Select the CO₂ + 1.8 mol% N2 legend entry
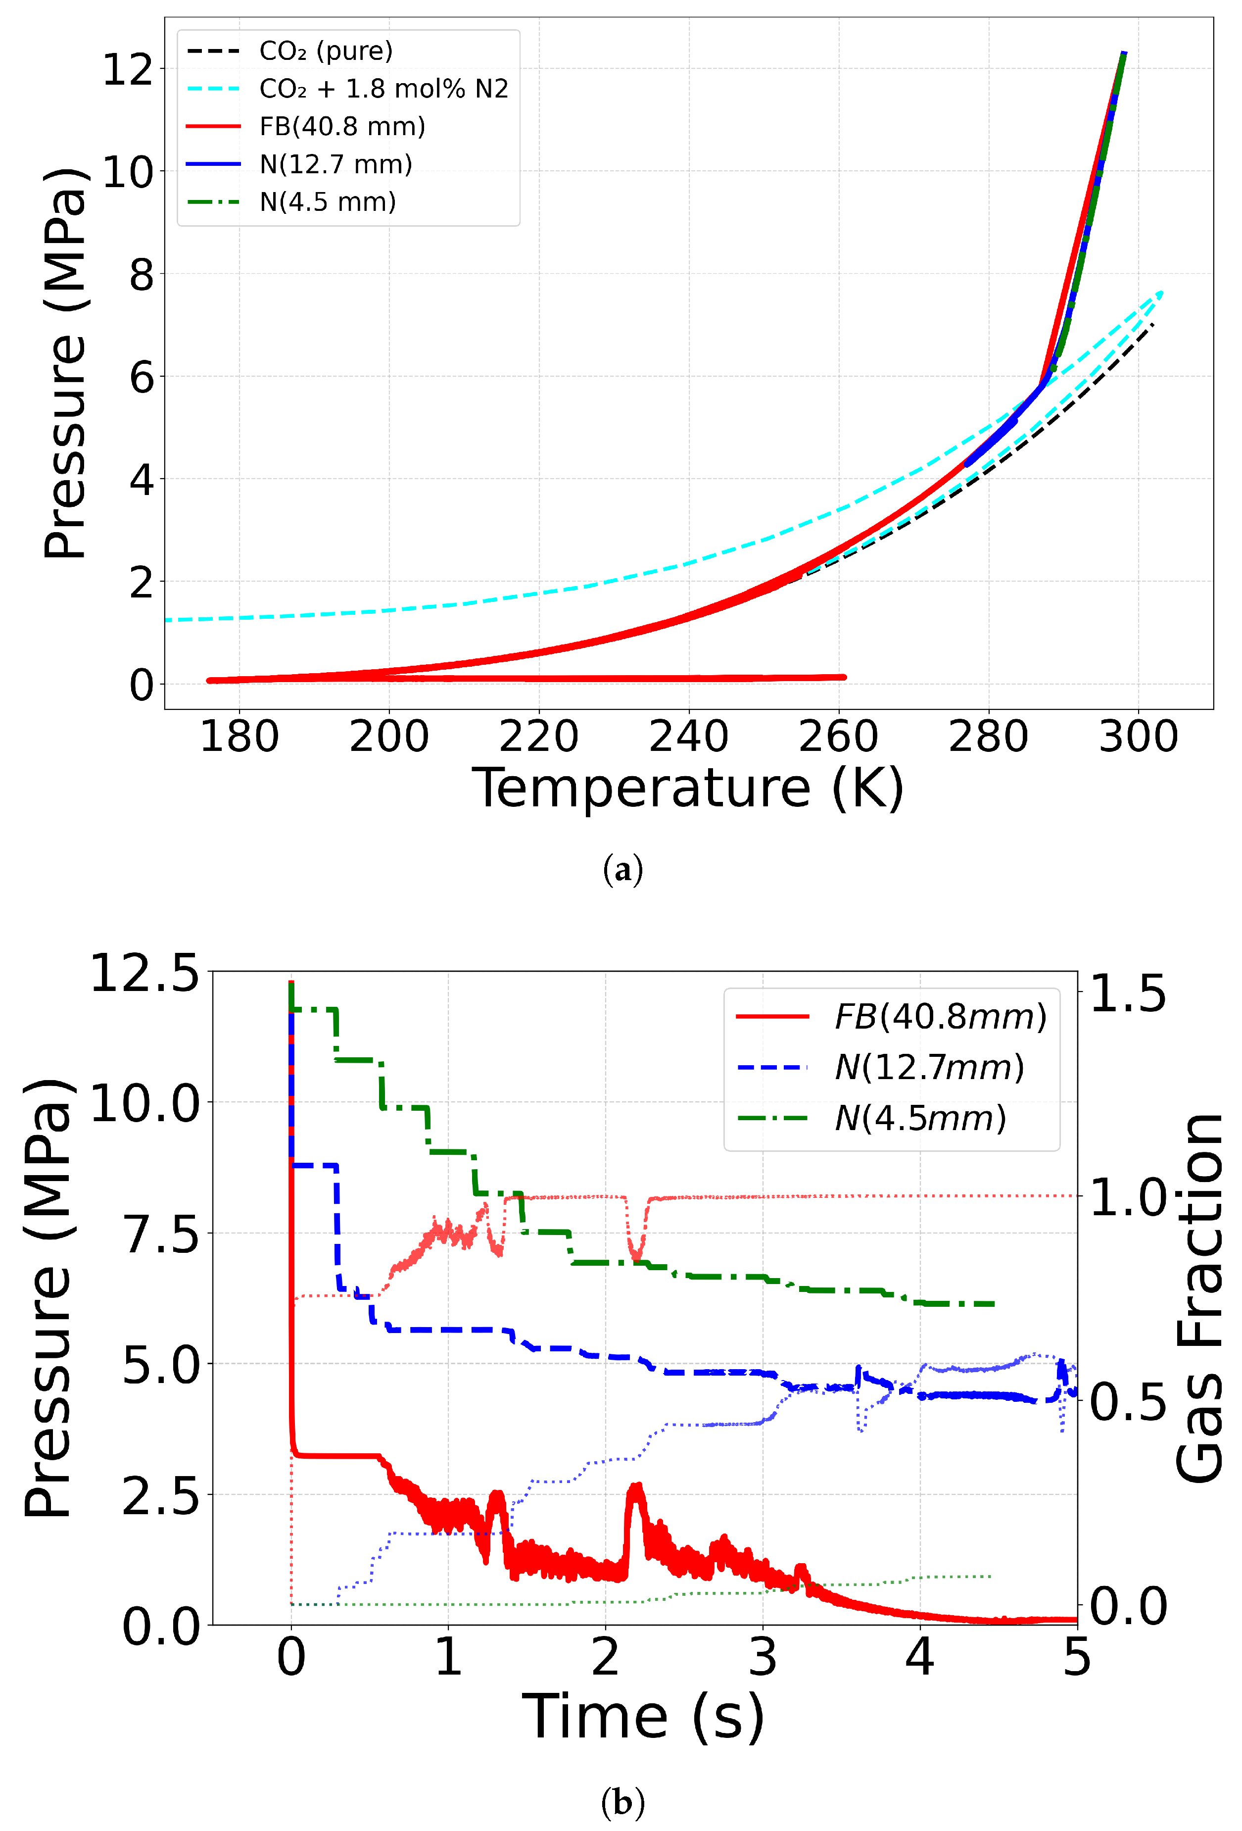(383, 89)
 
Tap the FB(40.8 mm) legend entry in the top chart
(342, 127)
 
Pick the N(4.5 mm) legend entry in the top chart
(328, 202)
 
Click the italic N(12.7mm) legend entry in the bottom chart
(929, 1068)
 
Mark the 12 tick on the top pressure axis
(128, 69)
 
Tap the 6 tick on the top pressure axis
(142, 377)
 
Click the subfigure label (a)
(622, 870)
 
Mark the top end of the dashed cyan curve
(1161, 293)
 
